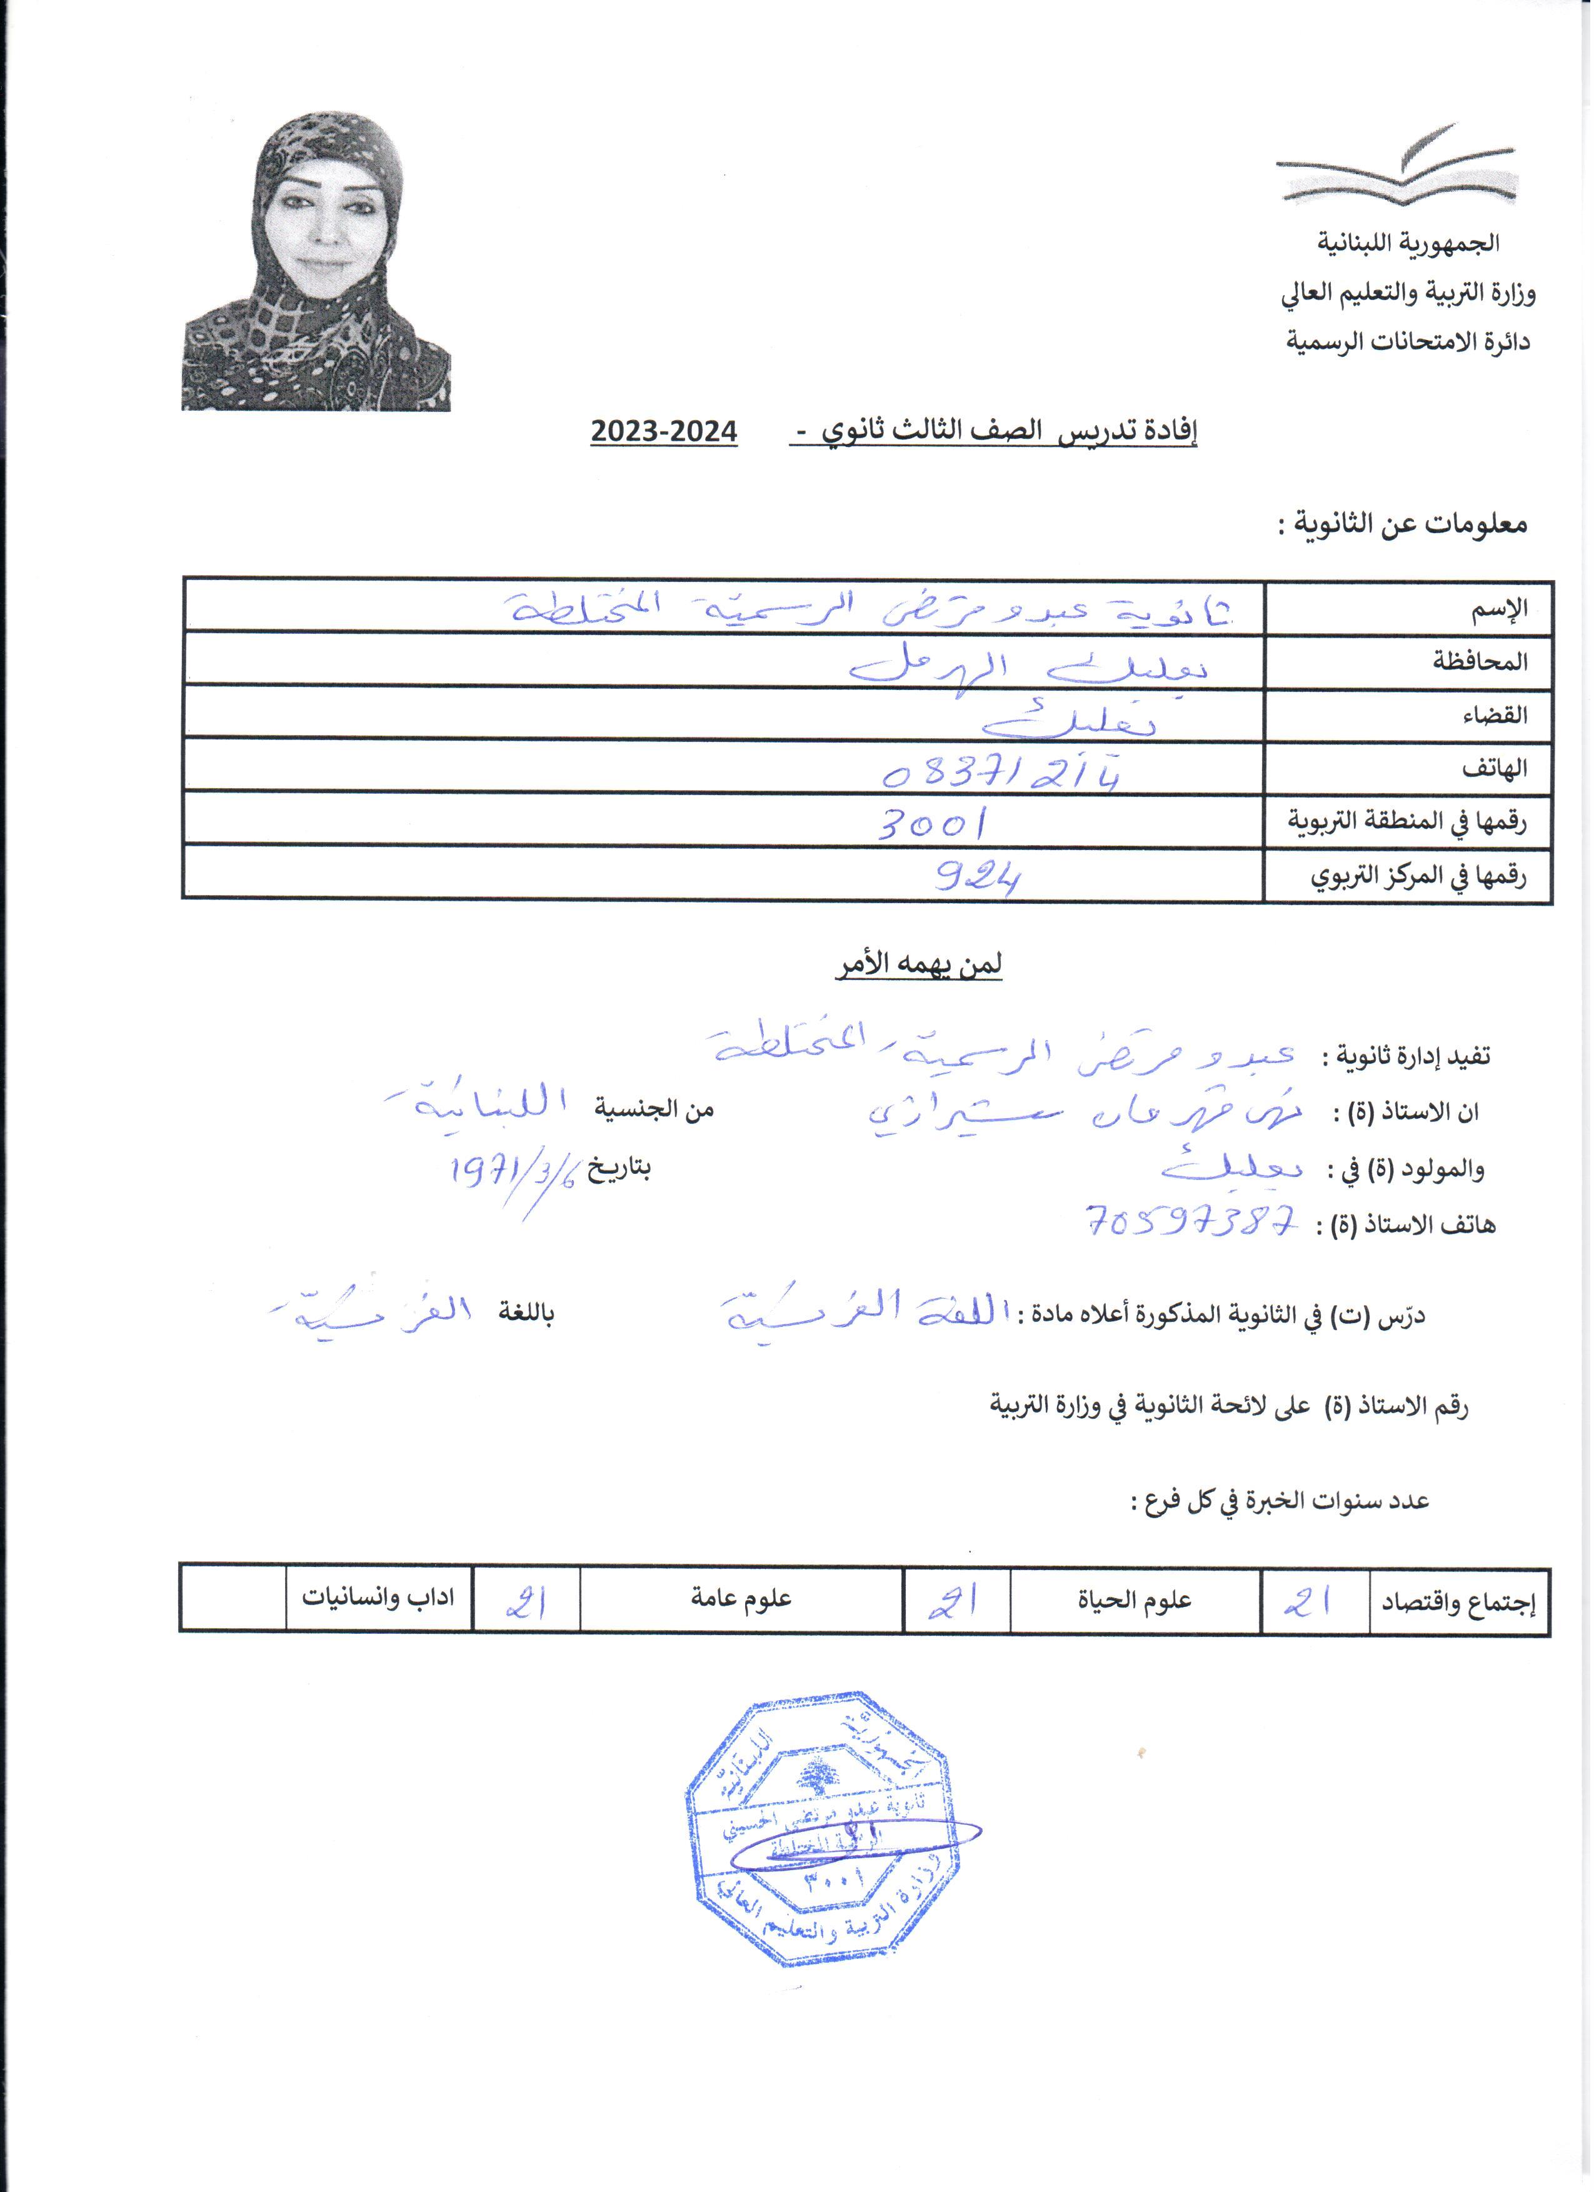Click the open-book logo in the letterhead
pyautogui.click(x=1397, y=166)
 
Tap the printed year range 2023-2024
pyautogui.click(x=664, y=432)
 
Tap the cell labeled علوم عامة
pyautogui.click(x=741, y=1599)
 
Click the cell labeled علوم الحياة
pyautogui.click(x=1135, y=1601)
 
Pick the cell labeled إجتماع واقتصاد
pyautogui.click(x=1458, y=1603)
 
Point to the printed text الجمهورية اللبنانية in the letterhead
pyautogui.click(x=1408, y=243)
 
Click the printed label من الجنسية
pyautogui.click(x=654, y=1109)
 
